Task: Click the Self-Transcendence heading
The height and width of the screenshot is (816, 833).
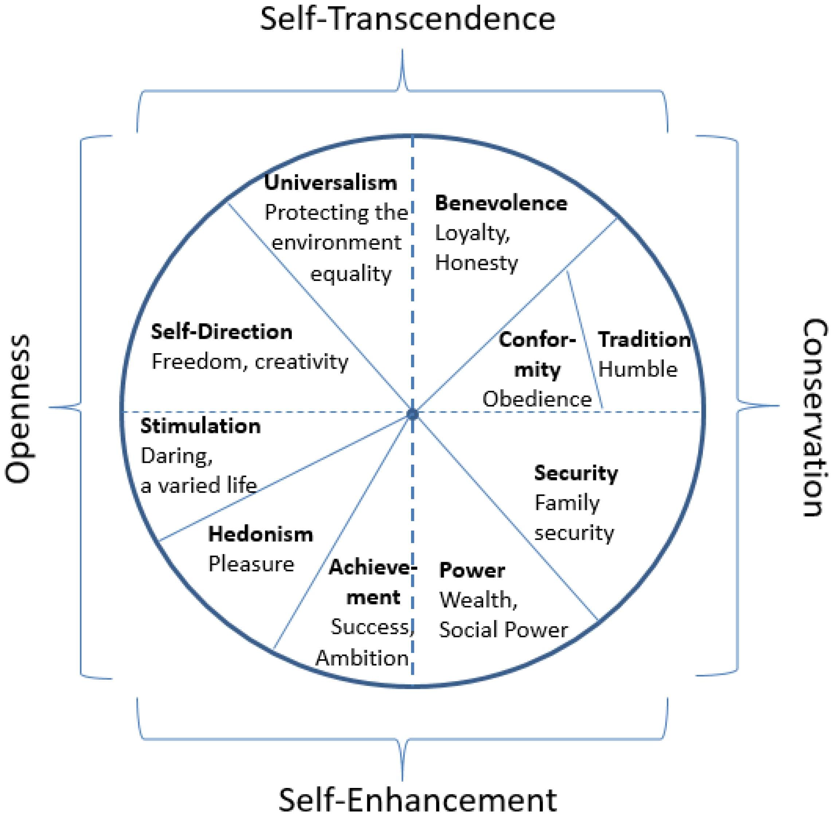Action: tap(407, 19)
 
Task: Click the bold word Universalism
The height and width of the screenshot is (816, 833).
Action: tap(331, 183)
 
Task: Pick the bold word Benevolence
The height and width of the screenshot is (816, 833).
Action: tap(501, 203)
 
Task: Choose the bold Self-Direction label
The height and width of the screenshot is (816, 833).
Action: tap(222, 332)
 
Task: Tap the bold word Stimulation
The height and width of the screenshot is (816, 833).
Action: tap(200, 426)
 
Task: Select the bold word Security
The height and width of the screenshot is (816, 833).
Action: tap(576, 473)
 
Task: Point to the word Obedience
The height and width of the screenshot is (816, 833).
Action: tap(537, 399)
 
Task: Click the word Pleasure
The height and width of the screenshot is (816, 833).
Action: tap(251, 565)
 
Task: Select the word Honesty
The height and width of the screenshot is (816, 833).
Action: tap(476, 263)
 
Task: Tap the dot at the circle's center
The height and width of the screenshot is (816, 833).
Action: tap(412, 414)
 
